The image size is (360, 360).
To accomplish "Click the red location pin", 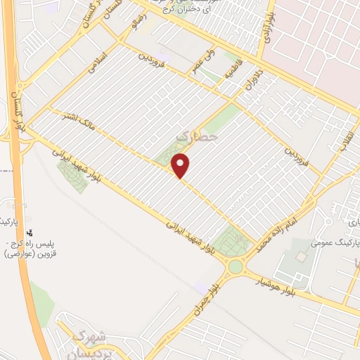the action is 181,166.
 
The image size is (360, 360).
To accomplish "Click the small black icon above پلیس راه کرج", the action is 30,232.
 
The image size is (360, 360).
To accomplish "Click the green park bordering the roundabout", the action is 231,242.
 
